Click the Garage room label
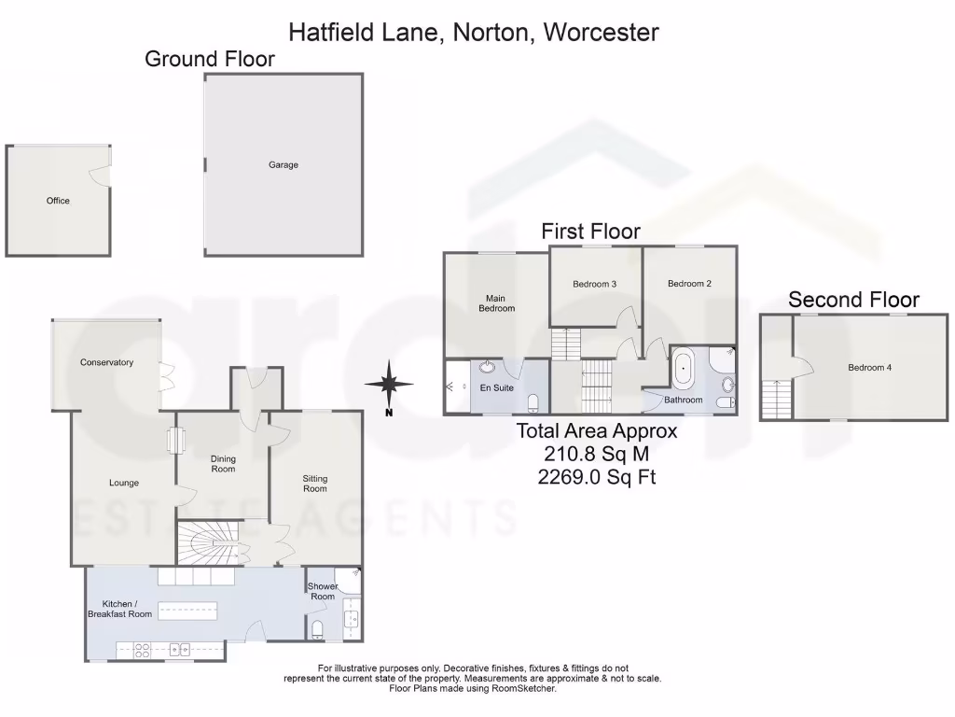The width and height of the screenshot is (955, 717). coord(284,165)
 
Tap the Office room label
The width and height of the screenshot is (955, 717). coord(58,201)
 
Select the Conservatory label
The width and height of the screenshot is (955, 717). coord(106,362)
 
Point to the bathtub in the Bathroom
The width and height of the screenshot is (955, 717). coord(685,369)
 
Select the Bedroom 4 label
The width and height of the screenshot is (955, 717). coord(869,368)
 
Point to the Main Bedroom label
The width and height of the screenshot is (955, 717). coord(496,303)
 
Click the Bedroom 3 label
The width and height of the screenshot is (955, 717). coord(594,284)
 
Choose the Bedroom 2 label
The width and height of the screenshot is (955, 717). coord(689,284)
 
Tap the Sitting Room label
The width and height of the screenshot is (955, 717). coord(314,484)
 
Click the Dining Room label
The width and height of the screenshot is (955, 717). coord(223,463)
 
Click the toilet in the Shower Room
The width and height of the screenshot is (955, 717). coord(316,628)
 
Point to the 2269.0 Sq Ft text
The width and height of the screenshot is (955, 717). coord(597,477)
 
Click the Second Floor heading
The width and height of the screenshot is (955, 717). coord(853,300)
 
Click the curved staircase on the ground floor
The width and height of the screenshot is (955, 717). coord(208,541)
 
